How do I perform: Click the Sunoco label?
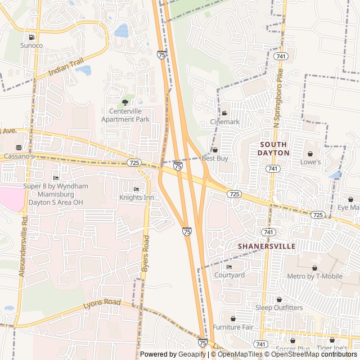pos(31,45)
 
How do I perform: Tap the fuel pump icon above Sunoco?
pos(31,37)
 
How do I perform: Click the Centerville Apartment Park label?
pos(125,115)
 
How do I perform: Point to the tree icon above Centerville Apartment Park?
pos(125,102)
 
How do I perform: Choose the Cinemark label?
pos(224,121)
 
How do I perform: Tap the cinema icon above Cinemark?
pos(224,113)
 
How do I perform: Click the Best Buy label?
pos(215,159)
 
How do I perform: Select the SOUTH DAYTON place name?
pos(274,148)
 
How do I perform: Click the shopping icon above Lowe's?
pos(310,154)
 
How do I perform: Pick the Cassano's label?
pos(20,156)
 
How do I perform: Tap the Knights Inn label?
pos(136,197)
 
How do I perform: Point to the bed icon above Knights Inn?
pos(136,190)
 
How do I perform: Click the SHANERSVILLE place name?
pos(267,246)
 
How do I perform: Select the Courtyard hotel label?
pos(229,275)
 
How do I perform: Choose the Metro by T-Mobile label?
pos(314,276)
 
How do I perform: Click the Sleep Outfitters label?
pos(279,308)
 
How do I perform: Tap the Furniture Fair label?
pos(233,327)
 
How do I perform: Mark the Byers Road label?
pos(146,254)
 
